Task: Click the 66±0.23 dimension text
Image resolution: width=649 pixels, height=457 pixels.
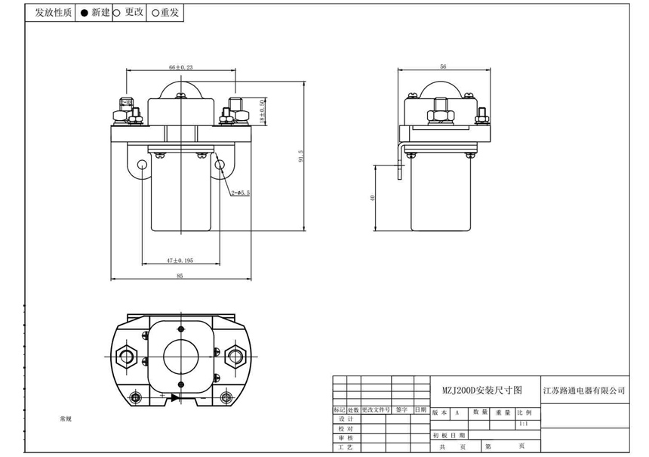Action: tap(180, 68)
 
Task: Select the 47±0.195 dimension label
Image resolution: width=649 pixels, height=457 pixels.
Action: tap(180, 260)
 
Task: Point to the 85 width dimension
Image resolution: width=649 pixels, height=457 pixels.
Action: tap(180, 276)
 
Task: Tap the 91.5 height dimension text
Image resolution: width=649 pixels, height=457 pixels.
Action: tap(300, 156)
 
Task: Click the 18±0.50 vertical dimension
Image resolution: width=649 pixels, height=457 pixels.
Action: tap(263, 112)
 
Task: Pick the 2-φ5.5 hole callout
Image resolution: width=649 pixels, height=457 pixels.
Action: tap(240, 194)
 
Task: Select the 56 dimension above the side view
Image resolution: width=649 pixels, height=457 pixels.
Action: tap(443, 67)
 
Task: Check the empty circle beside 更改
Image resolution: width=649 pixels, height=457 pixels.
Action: tap(117, 13)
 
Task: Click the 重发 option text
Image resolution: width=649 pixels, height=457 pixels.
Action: tap(169, 13)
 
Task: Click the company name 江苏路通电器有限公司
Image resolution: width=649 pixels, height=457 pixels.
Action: tap(585, 391)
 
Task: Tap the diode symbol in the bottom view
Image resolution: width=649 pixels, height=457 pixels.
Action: tap(174, 397)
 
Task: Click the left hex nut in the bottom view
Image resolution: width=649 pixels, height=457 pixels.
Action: tap(125, 354)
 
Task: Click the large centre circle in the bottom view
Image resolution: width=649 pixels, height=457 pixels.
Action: tap(181, 354)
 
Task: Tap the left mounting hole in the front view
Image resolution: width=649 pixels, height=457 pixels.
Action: tap(142, 165)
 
